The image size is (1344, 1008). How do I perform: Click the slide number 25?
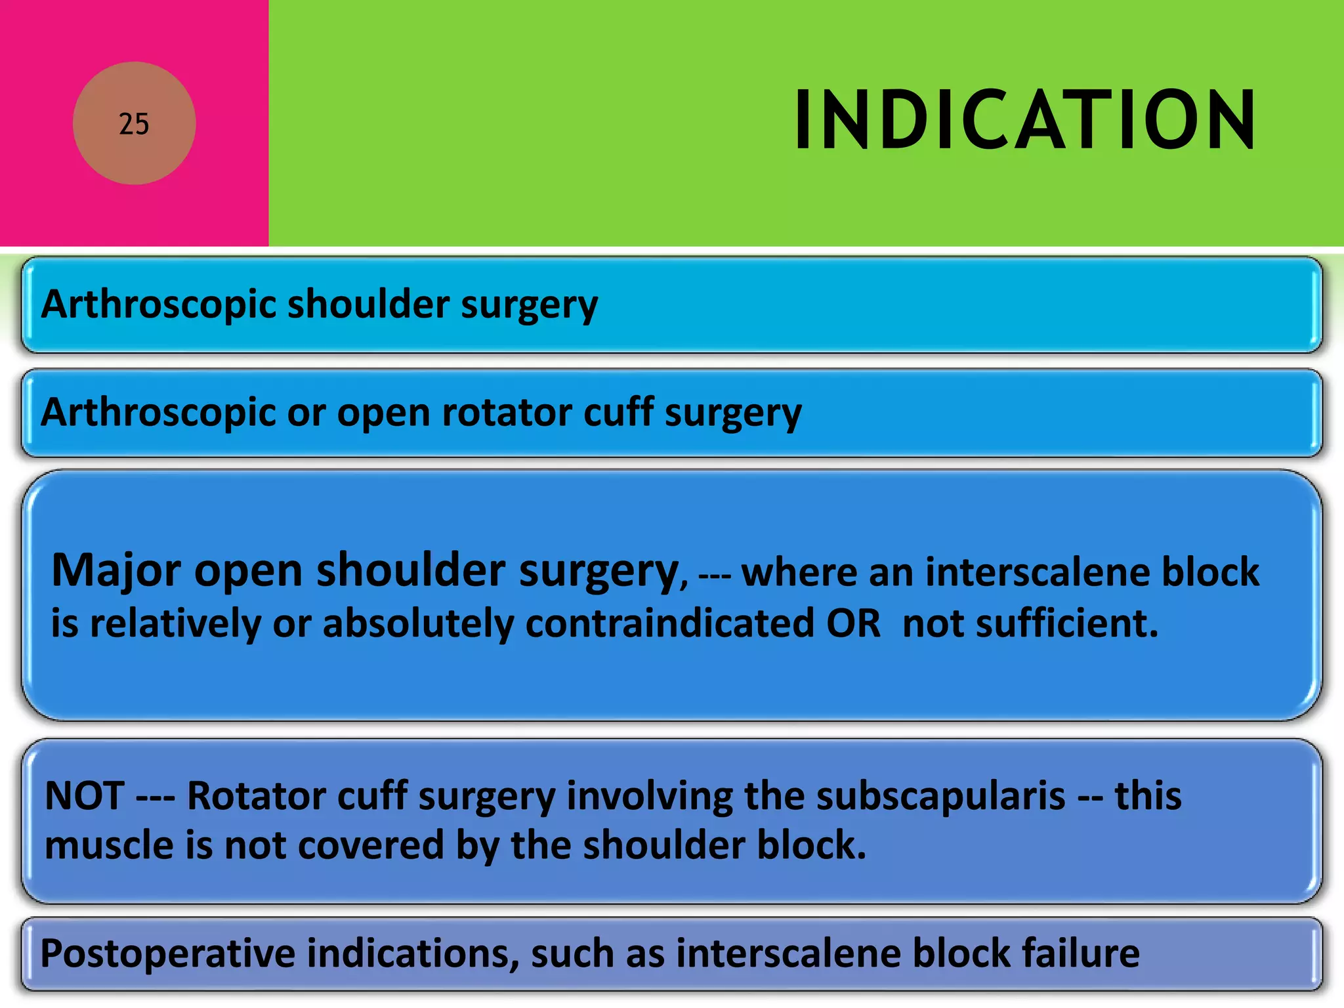[x=134, y=124]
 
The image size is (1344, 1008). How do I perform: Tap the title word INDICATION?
[x=1024, y=121]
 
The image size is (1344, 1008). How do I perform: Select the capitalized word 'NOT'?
[x=84, y=796]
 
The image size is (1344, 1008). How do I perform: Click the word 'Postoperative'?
[x=167, y=954]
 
